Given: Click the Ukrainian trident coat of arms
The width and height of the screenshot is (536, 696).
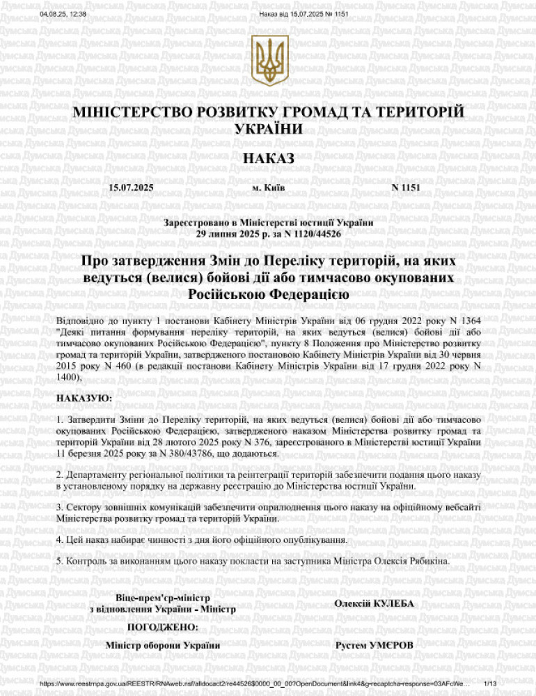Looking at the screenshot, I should (x=268, y=61).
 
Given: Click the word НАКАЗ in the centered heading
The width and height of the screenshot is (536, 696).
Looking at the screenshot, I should (x=268, y=158).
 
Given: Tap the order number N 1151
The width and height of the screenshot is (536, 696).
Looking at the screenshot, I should (x=406, y=188).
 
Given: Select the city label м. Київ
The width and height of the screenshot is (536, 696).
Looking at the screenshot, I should (x=268, y=188).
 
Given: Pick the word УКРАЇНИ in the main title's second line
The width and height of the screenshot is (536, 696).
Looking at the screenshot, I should (x=268, y=129).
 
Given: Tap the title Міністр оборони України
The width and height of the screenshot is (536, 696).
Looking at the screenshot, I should (x=162, y=646).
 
